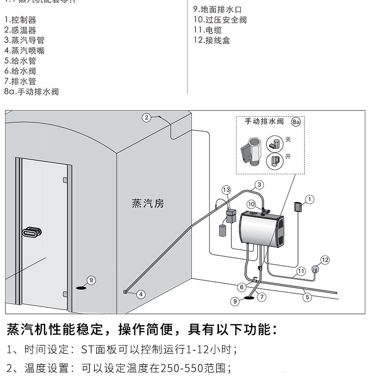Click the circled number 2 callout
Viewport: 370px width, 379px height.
coord(147,117)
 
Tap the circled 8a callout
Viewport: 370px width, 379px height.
coord(296,121)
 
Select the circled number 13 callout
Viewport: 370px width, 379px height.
coord(226,189)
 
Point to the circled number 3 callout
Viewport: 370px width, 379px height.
coord(259,185)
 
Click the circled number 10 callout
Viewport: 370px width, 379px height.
coord(251,204)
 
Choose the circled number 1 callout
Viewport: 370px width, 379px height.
coord(309,199)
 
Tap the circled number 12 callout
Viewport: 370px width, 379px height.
coord(324,260)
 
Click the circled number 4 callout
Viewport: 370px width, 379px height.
coord(141,294)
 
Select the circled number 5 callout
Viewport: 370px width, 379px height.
coord(307,297)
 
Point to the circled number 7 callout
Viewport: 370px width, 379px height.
coord(261,297)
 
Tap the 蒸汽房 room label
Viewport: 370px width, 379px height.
coord(148,203)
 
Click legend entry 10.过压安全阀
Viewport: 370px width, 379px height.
coord(220,20)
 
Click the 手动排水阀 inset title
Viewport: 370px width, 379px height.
coord(264,121)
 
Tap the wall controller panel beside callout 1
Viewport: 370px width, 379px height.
coord(298,207)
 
